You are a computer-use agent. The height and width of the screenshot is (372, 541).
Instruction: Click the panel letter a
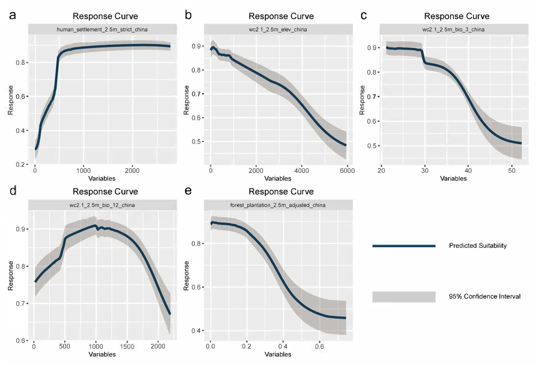(x=13, y=16)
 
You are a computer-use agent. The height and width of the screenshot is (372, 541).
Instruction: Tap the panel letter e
(x=188, y=191)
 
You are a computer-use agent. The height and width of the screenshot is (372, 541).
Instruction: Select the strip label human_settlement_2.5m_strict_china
(x=102, y=29)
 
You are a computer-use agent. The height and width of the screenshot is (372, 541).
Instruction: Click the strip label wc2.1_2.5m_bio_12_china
(x=102, y=205)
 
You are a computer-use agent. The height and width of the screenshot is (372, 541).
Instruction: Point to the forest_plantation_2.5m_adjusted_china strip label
(x=278, y=205)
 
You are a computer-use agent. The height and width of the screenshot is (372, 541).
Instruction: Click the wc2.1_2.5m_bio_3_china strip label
(x=453, y=29)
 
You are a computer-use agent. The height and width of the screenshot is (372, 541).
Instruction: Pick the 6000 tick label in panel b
(x=347, y=170)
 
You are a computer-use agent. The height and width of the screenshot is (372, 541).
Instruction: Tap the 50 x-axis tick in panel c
(x=512, y=170)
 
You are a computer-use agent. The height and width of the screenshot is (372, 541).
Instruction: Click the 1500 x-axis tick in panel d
(x=127, y=346)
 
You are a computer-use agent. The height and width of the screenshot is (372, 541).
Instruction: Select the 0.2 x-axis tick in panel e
(x=246, y=346)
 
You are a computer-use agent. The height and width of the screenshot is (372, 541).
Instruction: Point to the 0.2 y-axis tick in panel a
(x=20, y=164)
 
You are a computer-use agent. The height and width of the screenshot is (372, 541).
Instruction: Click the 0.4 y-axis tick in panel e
(x=196, y=330)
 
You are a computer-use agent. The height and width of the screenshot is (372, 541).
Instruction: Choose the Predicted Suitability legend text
(x=478, y=246)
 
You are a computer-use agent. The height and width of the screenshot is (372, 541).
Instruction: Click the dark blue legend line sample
(x=404, y=246)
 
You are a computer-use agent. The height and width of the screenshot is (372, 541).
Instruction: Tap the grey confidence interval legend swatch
(x=404, y=297)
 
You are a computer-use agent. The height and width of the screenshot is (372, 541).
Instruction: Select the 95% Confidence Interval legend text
(x=485, y=296)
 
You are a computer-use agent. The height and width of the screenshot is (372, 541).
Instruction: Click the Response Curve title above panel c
(x=457, y=16)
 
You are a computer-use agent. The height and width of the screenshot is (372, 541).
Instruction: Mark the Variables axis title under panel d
(x=102, y=354)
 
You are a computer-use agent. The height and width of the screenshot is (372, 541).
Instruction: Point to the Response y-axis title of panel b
(x=186, y=100)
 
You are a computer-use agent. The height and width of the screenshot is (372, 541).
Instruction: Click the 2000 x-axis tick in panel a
(x=132, y=170)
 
